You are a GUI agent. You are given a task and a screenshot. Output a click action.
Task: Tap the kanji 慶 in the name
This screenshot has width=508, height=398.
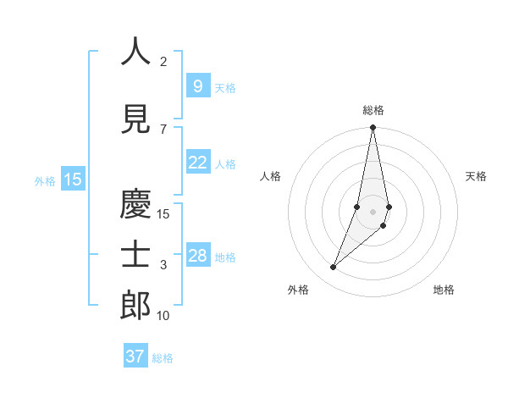tap(135, 204)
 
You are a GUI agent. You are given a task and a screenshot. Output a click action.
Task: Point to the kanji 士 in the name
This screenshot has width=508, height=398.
tap(135, 255)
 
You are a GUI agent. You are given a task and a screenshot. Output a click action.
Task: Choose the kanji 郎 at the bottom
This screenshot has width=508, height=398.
tap(135, 306)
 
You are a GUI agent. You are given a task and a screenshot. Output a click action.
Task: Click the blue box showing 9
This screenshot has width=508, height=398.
tap(197, 86)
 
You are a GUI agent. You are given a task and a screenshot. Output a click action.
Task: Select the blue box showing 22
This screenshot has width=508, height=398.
tap(197, 163)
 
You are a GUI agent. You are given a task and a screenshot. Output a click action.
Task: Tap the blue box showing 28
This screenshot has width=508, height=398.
tap(197, 256)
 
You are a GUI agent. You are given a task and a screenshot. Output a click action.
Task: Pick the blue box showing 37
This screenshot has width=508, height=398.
tap(135, 357)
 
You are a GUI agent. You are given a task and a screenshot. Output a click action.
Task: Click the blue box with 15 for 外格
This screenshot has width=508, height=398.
tap(73, 179)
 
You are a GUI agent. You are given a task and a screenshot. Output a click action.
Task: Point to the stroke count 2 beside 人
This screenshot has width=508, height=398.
tap(163, 62)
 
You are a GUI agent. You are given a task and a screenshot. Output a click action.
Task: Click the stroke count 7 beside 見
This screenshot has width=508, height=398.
tap(163, 130)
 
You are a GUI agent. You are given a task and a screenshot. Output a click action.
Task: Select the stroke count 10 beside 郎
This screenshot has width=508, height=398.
tap(163, 316)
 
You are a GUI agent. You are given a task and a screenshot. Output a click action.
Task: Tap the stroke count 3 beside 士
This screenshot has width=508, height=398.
tap(163, 265)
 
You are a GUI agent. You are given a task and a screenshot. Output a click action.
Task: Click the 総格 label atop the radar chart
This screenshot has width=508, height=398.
tap(373, 110)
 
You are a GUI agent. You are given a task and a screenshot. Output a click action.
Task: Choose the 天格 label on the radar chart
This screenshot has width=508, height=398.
tap(477, 176)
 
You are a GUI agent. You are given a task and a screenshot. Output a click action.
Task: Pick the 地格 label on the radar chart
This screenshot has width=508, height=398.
tap(444, 290)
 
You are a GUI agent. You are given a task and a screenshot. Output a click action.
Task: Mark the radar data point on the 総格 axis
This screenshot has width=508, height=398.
tap(373, 128)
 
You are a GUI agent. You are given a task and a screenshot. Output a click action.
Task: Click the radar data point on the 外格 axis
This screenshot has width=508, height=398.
tap(334, 268)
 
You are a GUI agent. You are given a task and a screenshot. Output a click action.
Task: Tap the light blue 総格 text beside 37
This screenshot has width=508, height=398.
tap(163, 358)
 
